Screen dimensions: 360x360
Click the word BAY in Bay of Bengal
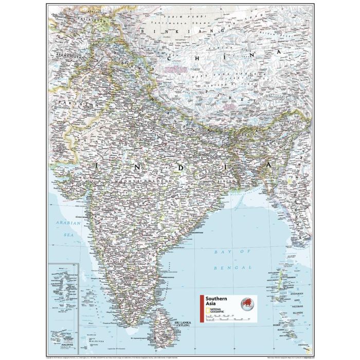pyautogui.click(x=221, y=252)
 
